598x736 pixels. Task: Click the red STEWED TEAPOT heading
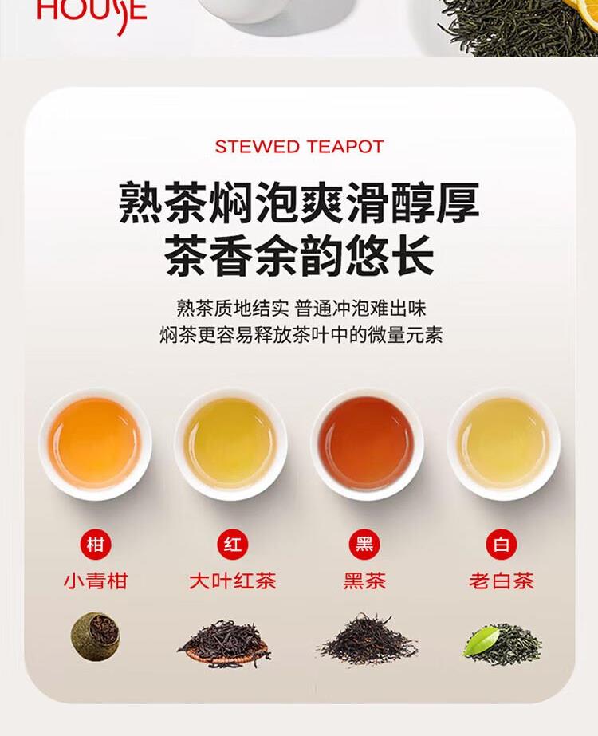click(x=299, y=147)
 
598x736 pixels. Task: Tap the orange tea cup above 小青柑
click(x=96, y=443)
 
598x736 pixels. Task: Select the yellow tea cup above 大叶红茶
click(x=231, y=443)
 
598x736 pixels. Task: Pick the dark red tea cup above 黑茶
click(x=367, y=443)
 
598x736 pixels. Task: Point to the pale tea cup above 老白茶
click(x=503, y=443)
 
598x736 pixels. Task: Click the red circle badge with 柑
click(x=96, y=545)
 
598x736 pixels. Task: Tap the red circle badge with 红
click(x=232, y=545)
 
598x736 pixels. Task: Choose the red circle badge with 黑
click(x=364, y=545)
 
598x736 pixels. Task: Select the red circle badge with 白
click(x=502, y=545)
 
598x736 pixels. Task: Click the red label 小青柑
click(x=96, y=581)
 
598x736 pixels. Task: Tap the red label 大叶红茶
click(x=232, y=581)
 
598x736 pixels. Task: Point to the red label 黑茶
click(x=364, y=581)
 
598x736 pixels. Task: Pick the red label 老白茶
click(x=502, y=581)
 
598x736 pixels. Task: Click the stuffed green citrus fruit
click(x=96, y=636)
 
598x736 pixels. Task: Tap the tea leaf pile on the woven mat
click(x=224, y=643)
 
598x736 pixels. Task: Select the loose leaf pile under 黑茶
click(x=366, y=640)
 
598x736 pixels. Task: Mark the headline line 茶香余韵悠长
click(x=299, y=256)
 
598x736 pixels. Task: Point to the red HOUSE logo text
click(x=92, y=13)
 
